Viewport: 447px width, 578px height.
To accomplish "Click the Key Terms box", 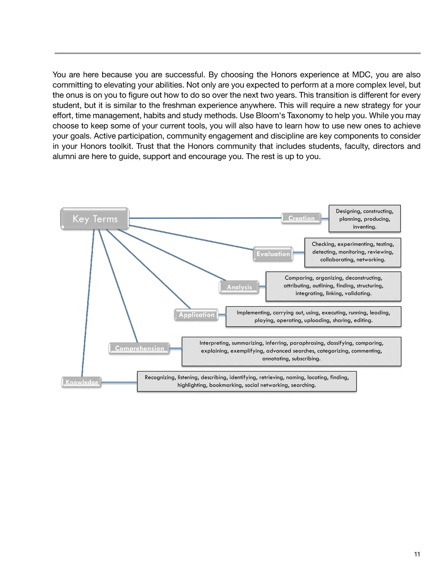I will (95, 219).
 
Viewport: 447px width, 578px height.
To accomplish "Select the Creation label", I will (301, 218).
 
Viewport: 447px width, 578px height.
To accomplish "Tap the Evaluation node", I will (273, 254).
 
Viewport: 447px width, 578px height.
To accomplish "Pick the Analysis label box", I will (239, 287).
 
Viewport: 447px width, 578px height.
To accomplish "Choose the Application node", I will (196, 315).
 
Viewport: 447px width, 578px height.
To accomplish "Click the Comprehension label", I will (139, 348).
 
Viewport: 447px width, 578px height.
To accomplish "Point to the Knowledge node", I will (82, 382).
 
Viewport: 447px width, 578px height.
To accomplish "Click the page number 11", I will (417, 554).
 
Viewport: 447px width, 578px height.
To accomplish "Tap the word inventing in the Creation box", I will (364, 227).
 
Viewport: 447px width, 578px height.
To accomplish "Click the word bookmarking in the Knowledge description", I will (225, 385).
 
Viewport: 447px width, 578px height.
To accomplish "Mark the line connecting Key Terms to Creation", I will (205, 218).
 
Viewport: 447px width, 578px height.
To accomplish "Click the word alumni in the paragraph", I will (63, 156).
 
